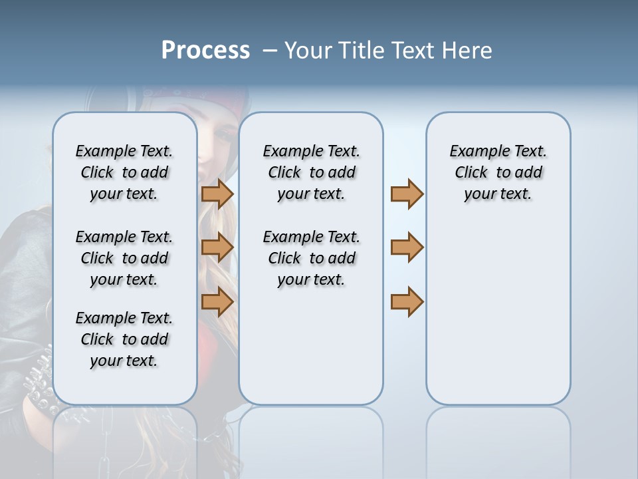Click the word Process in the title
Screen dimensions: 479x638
click(205, 51)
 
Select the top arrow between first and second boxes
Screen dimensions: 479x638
click(217, 194)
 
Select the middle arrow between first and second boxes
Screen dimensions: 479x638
click(217, 247)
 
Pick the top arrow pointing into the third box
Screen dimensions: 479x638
click(407, 194)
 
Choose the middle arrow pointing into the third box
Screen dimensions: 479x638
click(407, 247)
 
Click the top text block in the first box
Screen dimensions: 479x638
click(124, 172)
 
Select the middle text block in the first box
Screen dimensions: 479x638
click(124, 258)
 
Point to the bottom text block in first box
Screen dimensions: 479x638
click(124, 339)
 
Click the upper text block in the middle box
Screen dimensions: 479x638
click(311, 172)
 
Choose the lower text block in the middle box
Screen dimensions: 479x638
click(311, 258)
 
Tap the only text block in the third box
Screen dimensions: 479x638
click(498, 172)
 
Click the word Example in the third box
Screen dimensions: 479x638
click(474, 151)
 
